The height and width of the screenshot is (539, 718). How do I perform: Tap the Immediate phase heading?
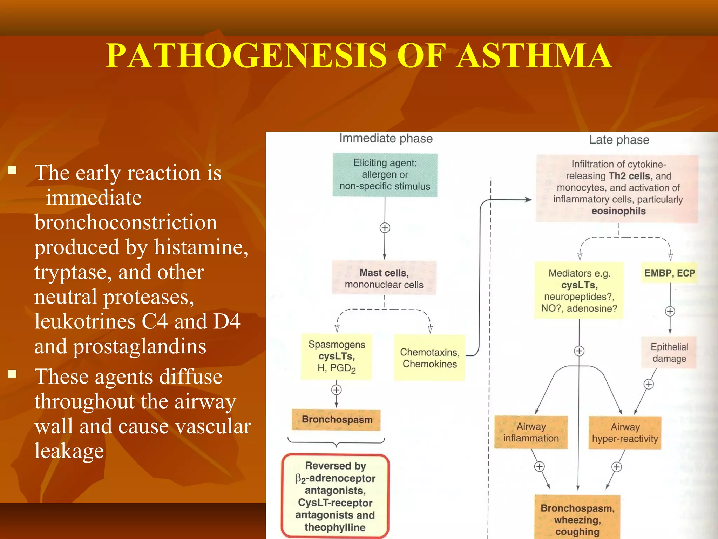point(386,139)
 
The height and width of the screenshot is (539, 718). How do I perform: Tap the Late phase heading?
point(619,140)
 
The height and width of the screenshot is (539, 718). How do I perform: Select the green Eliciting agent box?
point(385,175)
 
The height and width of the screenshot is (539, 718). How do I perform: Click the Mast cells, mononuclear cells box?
point(384,278)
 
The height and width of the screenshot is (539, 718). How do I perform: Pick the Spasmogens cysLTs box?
point(336,357)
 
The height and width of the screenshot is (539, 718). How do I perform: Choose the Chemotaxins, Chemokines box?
point(429,358)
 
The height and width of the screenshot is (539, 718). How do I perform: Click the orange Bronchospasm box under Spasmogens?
point(337,419)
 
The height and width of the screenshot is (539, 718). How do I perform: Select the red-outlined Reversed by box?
point(335,496)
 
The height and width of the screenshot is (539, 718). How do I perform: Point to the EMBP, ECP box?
point(669,273)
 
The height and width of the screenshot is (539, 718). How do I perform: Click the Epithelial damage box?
point(669,353)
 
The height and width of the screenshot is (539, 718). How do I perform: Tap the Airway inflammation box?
point(531,432)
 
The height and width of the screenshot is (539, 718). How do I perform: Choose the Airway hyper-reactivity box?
point(625,433)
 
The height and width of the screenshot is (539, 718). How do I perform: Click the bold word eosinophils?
point(618,211)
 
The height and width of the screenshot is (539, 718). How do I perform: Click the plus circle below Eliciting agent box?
point(385,228)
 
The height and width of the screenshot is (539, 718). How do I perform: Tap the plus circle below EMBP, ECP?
point(670,311)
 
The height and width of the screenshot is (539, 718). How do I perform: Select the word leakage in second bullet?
point(69,451)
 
